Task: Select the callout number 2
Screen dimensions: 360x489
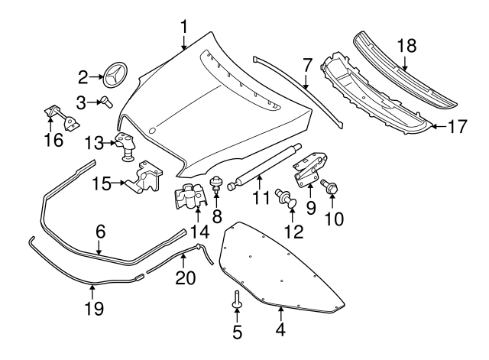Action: coord(84,76)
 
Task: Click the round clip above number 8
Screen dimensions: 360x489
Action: coord(216,183)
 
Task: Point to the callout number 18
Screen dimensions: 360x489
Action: coord(406,45)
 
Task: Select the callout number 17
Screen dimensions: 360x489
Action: coord(456,127)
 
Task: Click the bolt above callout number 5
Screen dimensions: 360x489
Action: coord(237,301)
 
